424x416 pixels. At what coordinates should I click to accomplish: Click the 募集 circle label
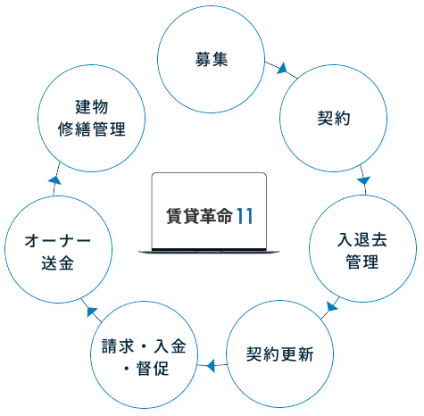click(212, 59)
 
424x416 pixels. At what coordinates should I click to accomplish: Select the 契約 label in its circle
click(334, 118)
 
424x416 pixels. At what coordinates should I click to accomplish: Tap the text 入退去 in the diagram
click(362, 240)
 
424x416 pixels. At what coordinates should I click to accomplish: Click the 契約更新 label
click(279, 354)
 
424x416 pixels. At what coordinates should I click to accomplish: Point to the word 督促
click(153, 369)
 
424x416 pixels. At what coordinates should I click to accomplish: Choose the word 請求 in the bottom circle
click(118, 346)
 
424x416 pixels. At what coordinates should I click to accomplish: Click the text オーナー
click(58, 241)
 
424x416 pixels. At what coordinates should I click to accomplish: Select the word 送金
click(58, 263)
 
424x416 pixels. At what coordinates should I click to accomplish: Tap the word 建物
click(92, 107)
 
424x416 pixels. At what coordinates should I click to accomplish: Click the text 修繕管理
click(92, 129)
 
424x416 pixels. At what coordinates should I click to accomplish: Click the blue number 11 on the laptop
click(245, 216)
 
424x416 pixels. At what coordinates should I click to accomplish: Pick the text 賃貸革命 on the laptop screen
click(199, 216)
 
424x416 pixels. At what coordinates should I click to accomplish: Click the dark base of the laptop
click(209, 251)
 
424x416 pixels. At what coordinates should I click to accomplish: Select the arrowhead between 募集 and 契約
click(282, 69)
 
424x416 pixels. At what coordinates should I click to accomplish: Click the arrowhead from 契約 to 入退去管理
click(363, 180)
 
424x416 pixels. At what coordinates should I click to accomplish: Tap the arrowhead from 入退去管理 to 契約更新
click(332, 306)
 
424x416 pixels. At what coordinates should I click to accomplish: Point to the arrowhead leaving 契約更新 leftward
click(211, 365)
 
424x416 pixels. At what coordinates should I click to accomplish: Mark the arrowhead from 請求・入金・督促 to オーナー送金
click(92, 312)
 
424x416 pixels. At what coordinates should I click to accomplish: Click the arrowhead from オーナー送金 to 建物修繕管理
click(55, 180)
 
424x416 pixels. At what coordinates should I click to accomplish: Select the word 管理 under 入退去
click(362, 262)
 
